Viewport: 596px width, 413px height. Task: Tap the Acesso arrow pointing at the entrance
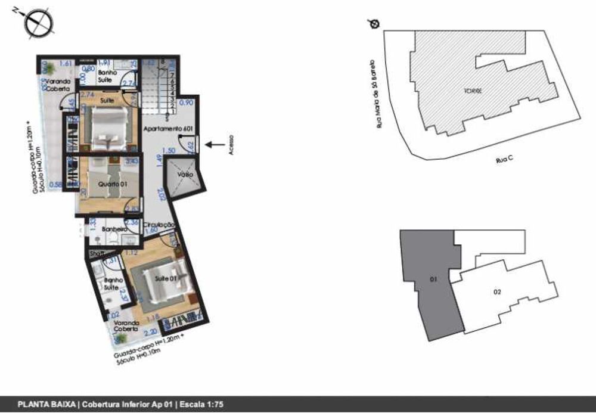(x=215, y=144)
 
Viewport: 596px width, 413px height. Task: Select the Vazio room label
(x=184, y=175)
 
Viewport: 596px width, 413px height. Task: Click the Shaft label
(x=96, y=254)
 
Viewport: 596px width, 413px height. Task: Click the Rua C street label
(x=504, y=160)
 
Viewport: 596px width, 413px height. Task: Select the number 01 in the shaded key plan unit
(x=433, y=278)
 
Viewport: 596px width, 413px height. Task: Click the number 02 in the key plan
(x=496, y=291)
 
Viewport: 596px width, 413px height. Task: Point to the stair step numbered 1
(x=172, y=111)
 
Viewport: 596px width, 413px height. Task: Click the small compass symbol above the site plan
(x=374, y=23)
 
